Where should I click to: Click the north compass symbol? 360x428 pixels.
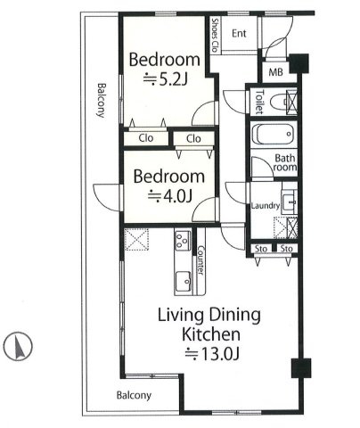[18, 346]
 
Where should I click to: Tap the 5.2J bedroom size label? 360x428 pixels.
[166, 79]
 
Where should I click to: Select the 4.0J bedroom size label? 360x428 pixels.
[170, 196]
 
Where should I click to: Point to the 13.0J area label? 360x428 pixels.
[212, 354]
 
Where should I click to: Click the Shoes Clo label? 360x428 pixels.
[215, 35]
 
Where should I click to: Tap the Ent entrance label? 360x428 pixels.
[239, 33]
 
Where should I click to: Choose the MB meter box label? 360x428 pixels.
[275, 72]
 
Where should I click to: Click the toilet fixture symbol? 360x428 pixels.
[280, 102]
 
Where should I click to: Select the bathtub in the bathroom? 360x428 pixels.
[274, 134]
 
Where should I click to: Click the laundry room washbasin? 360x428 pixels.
[289, 202]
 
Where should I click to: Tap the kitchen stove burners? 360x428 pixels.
[183, 241]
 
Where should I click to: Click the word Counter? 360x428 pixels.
[201, 260]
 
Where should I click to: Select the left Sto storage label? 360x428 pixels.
[261, 249]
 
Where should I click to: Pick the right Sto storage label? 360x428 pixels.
[287, 249]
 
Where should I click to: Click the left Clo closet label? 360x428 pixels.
[146, 138]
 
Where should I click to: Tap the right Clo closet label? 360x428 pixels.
[193, 138]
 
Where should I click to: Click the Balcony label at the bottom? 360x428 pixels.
[134, 395]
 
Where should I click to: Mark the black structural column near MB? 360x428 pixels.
[299, 63]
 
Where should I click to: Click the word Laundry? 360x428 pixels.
[266, 206]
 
